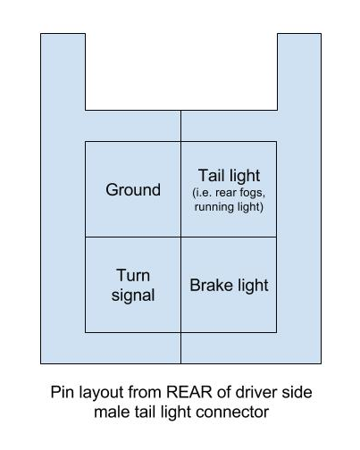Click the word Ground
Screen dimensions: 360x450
[133, 190]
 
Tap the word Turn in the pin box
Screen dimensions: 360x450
[133, 275]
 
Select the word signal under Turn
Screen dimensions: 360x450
[133, 296]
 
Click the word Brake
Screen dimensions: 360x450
[211, 285]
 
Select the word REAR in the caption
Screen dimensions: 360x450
[189, 392]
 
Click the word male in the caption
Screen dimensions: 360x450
[111, 412]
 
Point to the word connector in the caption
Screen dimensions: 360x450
[232, 412]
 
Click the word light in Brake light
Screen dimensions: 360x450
[253, 286]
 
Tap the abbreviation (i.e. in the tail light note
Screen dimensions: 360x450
[203, 193]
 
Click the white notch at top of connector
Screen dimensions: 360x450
[181, 71]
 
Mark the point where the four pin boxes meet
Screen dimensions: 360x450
[180, 237]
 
